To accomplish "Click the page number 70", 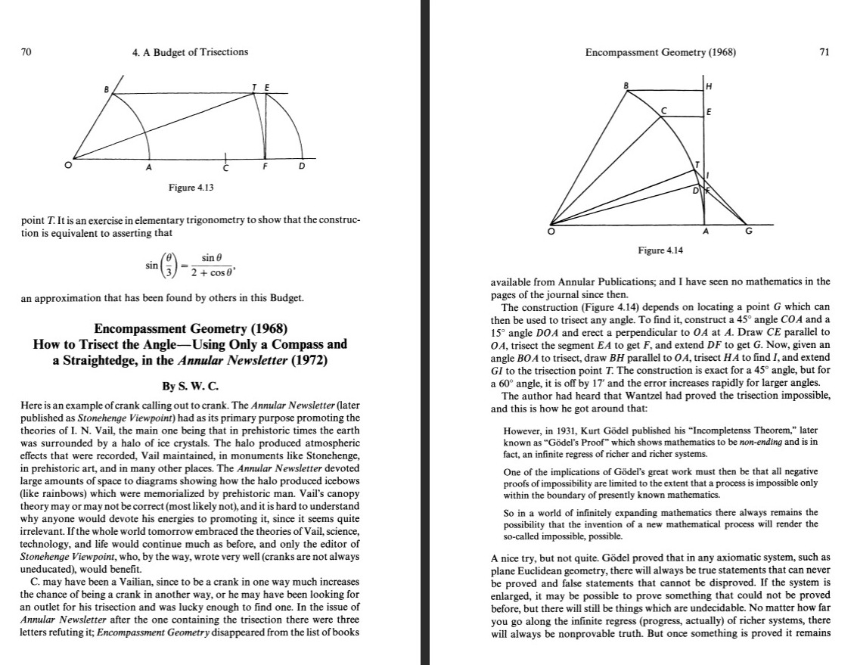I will click(26, 51).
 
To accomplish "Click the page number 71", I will click(824, 51).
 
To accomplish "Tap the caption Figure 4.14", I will click(660, 250).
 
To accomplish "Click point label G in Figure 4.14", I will click(749, 232).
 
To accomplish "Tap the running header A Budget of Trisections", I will click(189, 51).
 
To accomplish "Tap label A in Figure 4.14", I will click(706, 232).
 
